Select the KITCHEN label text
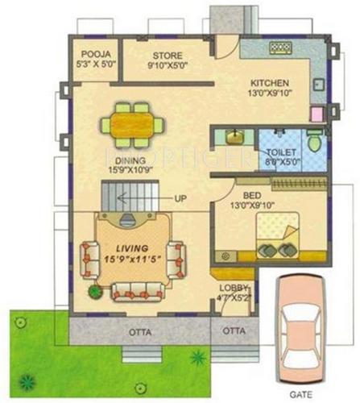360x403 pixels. [269, 83]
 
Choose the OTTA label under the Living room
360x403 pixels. [135, 331]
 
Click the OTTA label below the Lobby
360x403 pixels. [234, 331]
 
